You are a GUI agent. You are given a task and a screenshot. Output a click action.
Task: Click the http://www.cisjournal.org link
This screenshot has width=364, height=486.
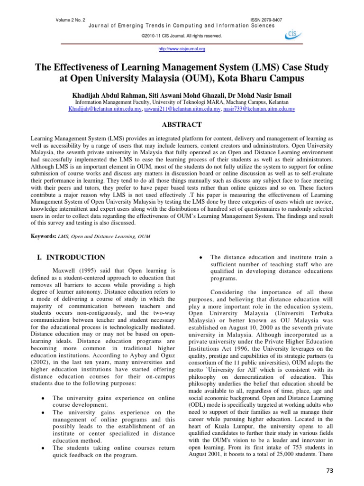(182, 48)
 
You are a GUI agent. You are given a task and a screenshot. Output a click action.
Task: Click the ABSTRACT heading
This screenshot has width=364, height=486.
(182, 125)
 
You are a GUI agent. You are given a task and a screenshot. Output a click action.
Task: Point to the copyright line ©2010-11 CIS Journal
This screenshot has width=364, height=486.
(182, 36)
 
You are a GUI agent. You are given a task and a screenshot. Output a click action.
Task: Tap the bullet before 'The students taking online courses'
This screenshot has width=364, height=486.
(43, 448)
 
